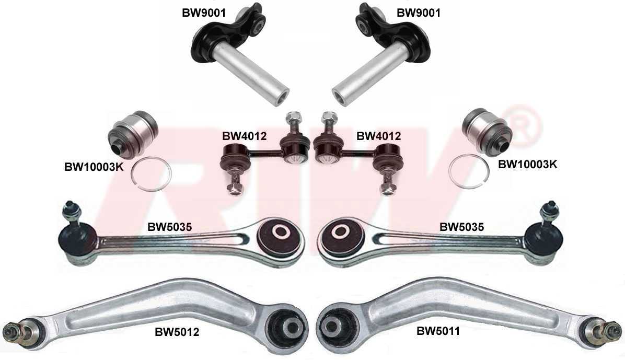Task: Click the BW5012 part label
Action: coord(177,332)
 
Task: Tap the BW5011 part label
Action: coord(438,331)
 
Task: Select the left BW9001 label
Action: coord(204,13)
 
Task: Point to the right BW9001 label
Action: coord(419,13)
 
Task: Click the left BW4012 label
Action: coord(245,136)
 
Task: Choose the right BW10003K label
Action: coord(527,164)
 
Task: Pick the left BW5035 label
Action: coord(170,227)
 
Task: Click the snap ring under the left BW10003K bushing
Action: coord(152,175)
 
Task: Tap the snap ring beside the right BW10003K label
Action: coord(469,171)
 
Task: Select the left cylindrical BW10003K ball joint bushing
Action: coord(133,133)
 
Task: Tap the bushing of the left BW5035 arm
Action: coord(281,236)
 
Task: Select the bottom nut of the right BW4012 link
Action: coord(386,188)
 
